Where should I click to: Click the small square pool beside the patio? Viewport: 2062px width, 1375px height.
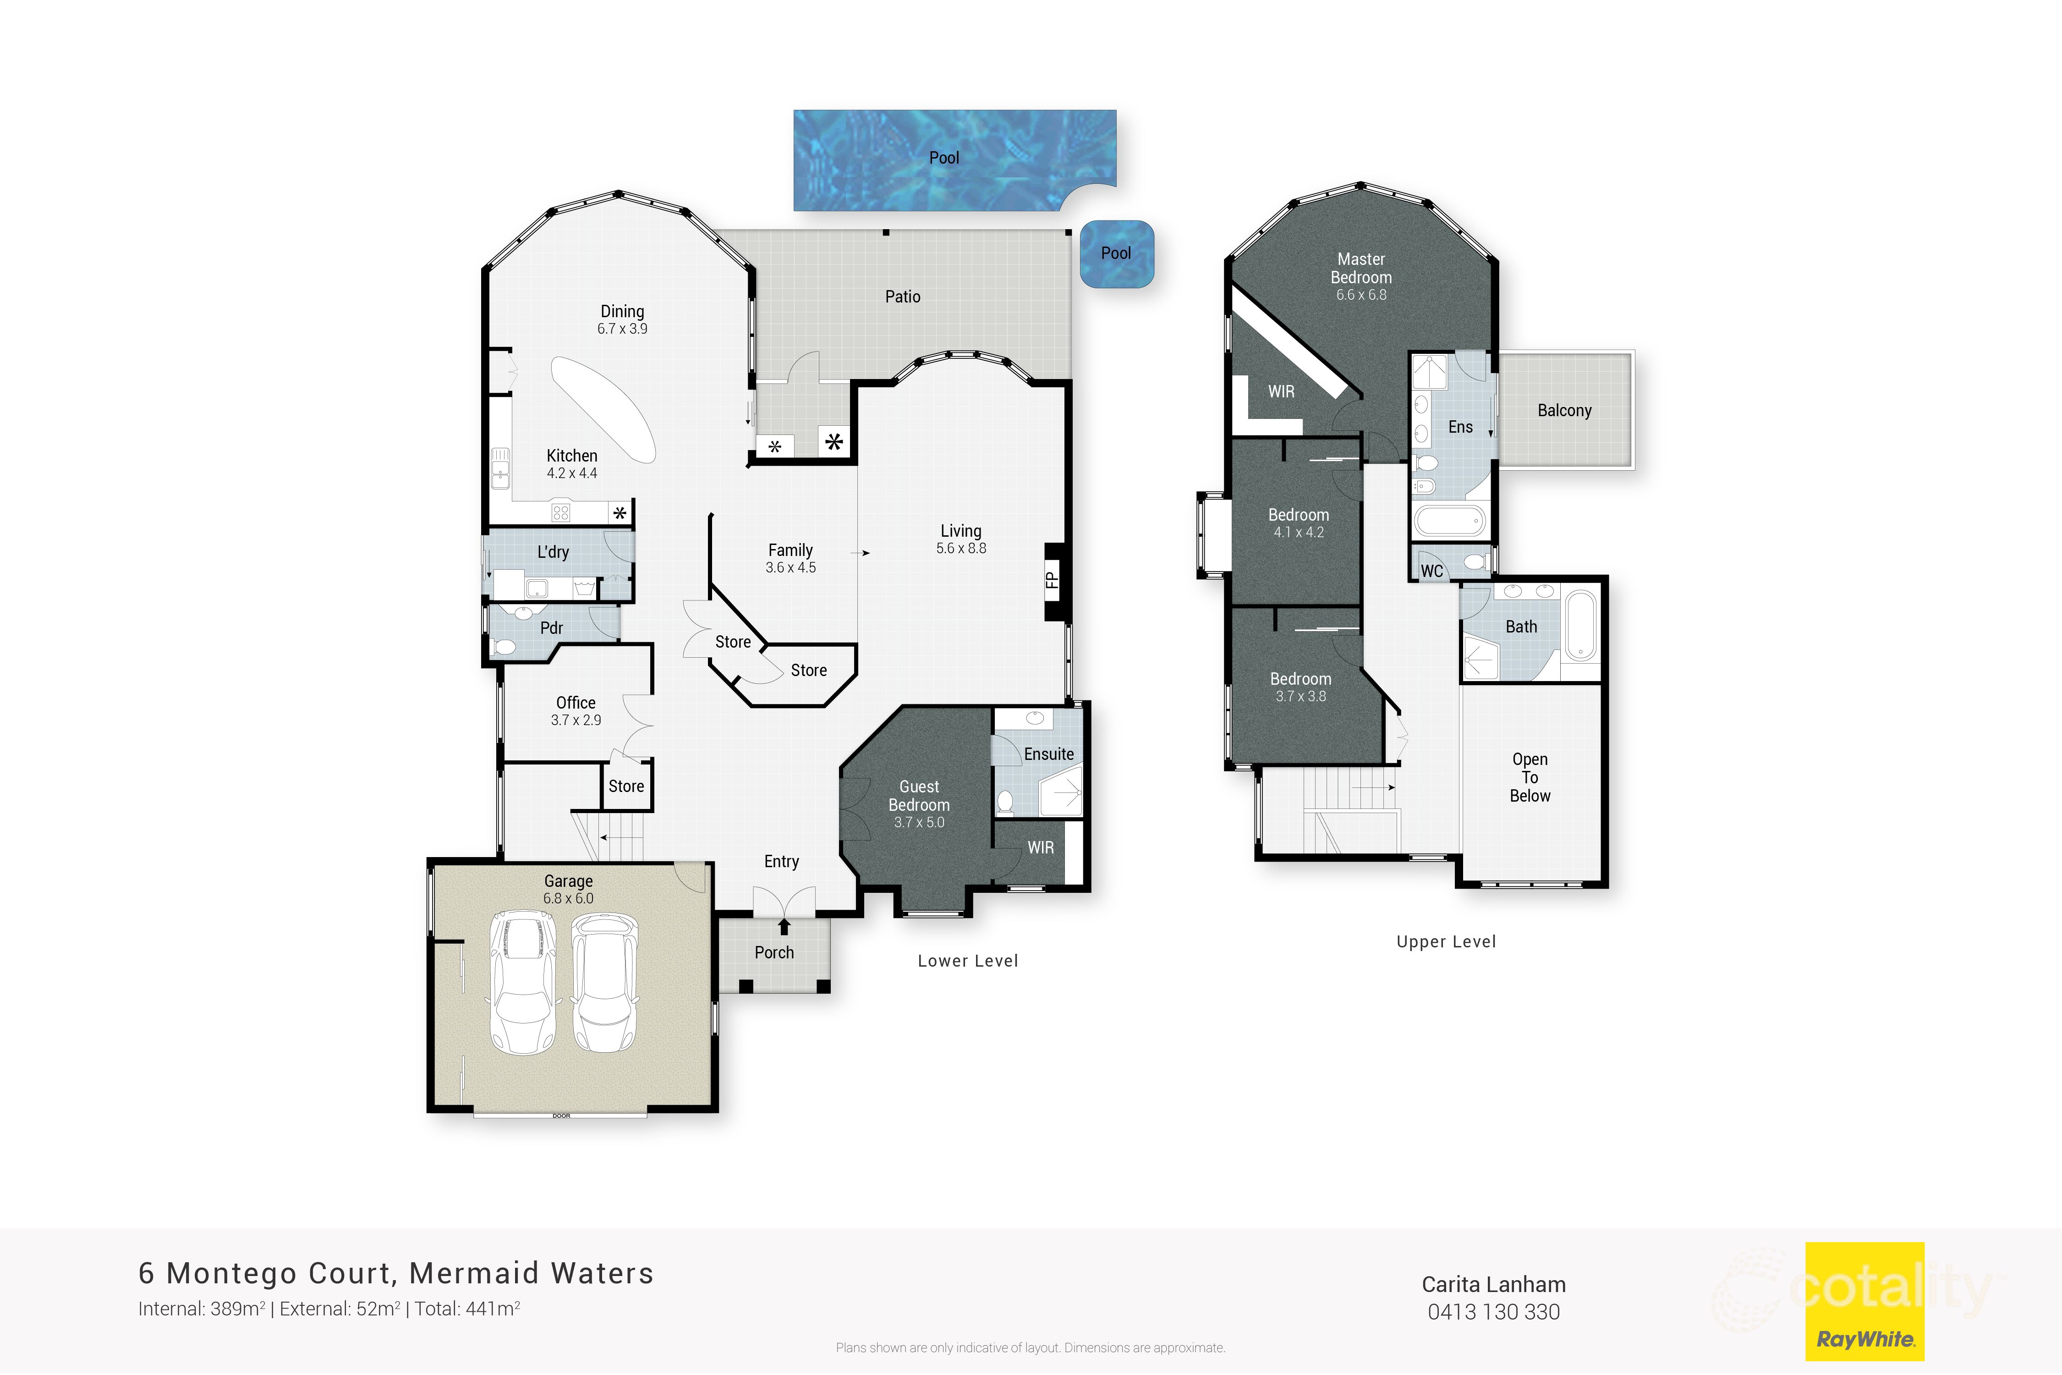[x=1116, y=253]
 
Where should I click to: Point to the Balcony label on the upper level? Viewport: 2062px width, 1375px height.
[x=1564, y=410]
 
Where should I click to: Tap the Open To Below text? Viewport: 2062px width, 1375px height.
[x=1530, y=778]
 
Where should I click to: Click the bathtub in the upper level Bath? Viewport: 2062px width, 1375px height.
[x=1581, y=624]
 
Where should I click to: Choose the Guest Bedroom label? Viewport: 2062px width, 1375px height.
[x=919, y=795]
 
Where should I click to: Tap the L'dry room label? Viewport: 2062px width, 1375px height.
[x=553, y=551]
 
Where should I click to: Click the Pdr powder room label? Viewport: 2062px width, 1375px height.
[x=551, y=628]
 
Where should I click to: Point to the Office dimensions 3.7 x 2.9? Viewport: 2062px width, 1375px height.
[x=576, y=720]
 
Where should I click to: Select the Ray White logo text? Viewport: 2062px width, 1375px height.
[x=1865, y=1339]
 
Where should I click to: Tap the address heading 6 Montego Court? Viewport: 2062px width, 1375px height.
[x=396, y=1273]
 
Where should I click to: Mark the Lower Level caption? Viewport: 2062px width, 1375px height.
[x=968, y=961]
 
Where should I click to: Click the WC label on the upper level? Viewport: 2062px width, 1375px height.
[x=1431, y=571]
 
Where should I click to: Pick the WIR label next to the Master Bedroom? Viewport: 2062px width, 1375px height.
[x=1281, y=392]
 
